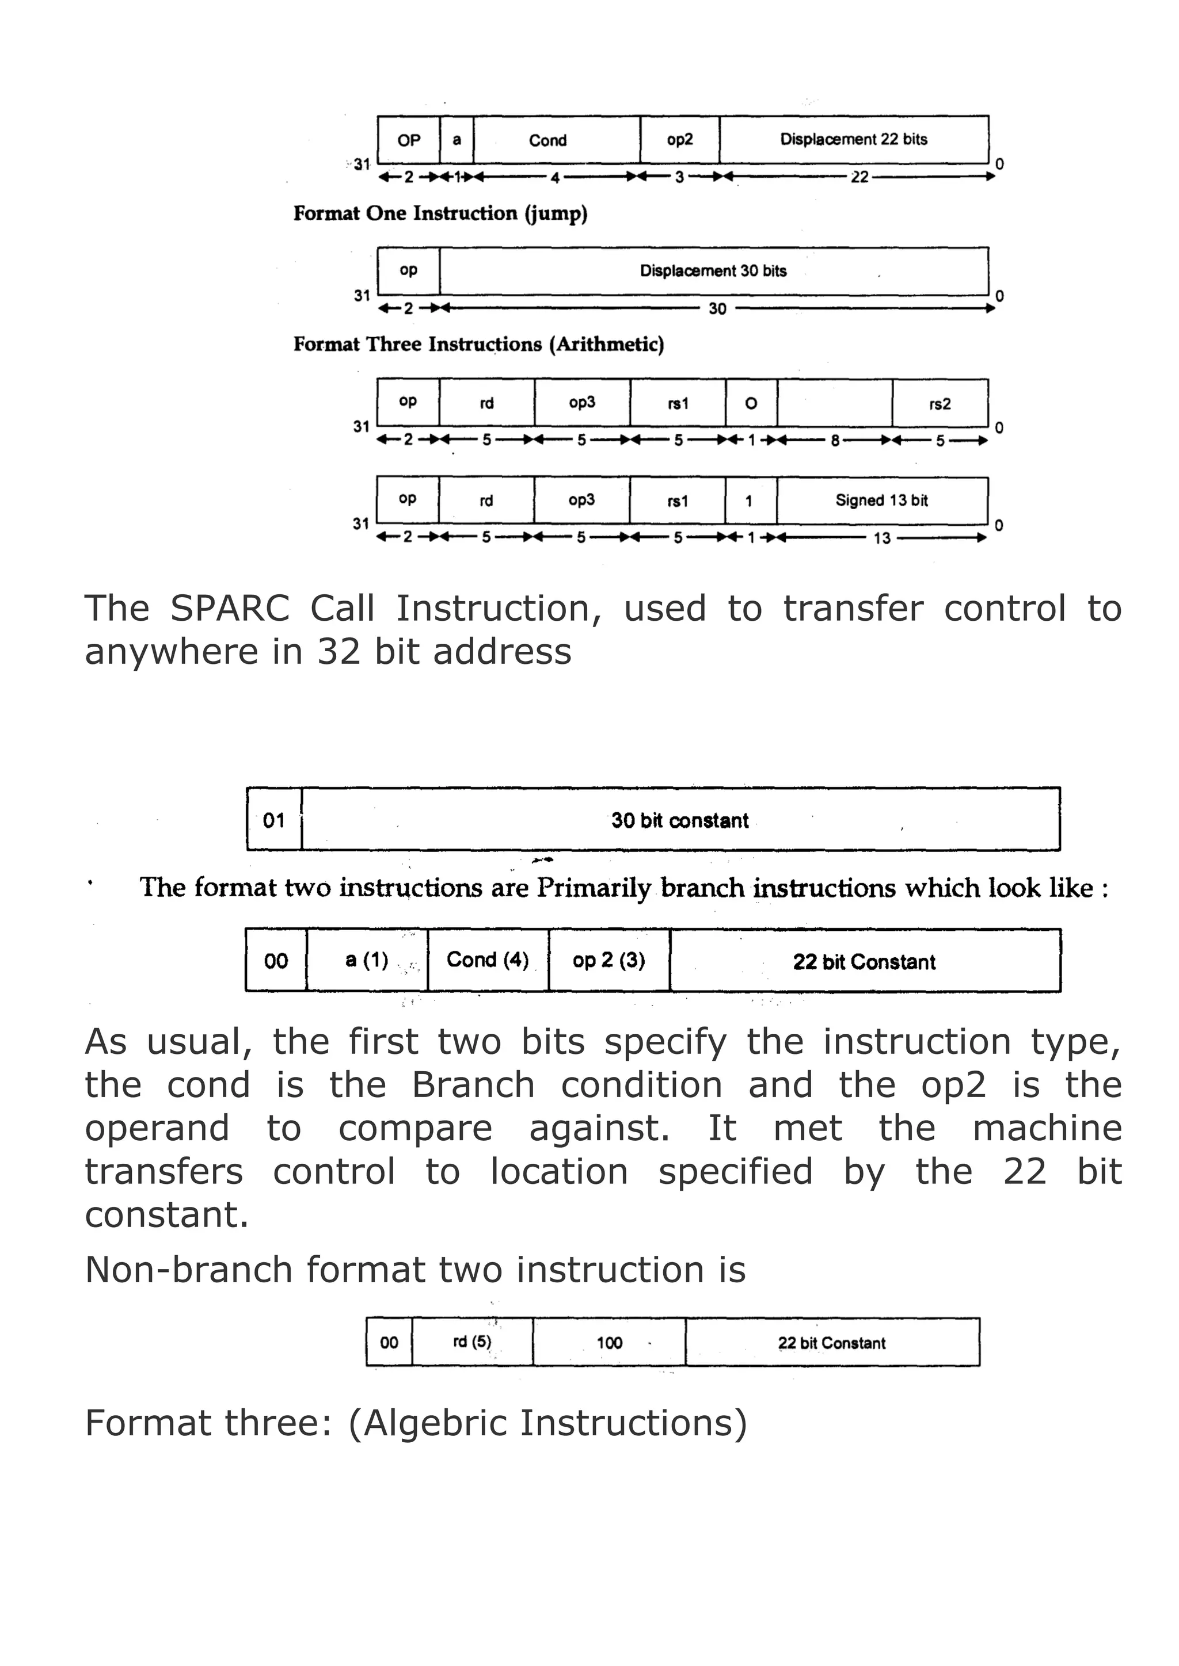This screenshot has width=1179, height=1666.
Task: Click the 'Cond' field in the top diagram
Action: click(x=548, y=140)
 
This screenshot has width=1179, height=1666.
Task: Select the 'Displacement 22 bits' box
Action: click(x=854, y=139)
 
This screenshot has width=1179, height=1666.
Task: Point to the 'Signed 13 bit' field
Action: click(x=881, y=500)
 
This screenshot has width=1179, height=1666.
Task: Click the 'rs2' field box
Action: click(x=940, y=403)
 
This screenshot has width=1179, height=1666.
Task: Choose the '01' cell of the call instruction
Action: click(x=273, y=820)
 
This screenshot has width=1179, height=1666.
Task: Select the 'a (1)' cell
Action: click(x=367, y=960)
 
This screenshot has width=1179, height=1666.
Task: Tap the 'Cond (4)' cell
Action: click(x=488, y=960)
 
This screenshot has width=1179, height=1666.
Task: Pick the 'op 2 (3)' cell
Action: click(x=608, y=960)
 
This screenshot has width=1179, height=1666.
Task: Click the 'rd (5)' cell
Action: click(x=472, y=1342)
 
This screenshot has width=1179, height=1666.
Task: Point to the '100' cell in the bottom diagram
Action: click(x=609, y=1342)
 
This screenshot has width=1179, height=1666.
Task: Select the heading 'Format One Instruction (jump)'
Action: click(x=440, y=213)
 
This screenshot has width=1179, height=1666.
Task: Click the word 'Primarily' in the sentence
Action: click(x=594, y=888)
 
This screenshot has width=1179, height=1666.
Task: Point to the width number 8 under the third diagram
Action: click(x=835, y=441)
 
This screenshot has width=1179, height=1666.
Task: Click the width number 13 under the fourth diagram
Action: click(x=881, y=538)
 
